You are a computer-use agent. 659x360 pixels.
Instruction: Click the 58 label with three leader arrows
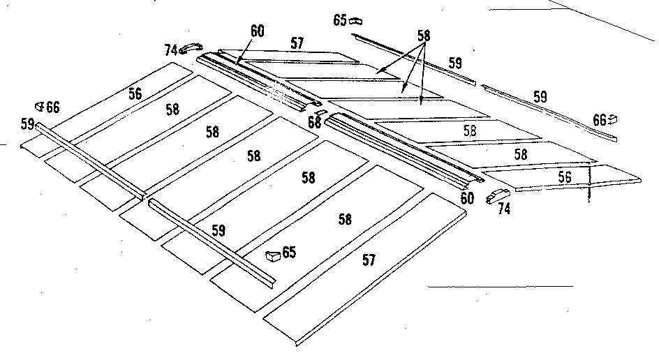tap(423, 35)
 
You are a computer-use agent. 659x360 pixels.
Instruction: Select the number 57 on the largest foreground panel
tap(369, 260)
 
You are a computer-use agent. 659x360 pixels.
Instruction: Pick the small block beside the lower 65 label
tap(273, 255)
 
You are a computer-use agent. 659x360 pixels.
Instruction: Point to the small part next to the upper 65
tap(355, 20)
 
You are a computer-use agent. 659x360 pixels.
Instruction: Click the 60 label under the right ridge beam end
tap(468, 198)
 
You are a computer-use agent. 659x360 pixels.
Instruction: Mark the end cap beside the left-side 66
tap(40, 106)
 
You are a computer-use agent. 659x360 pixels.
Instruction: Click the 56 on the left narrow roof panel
tap(135, 93)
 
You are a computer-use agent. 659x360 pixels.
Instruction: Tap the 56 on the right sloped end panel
tap(565, 178)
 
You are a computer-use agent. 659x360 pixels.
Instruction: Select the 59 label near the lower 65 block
tap(219, 229)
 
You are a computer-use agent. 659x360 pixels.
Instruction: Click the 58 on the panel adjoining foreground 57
tap(344, 219)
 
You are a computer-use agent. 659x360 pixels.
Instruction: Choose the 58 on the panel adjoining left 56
tap(174, 110)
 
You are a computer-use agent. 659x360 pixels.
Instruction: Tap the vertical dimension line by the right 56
tap(590, 184)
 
